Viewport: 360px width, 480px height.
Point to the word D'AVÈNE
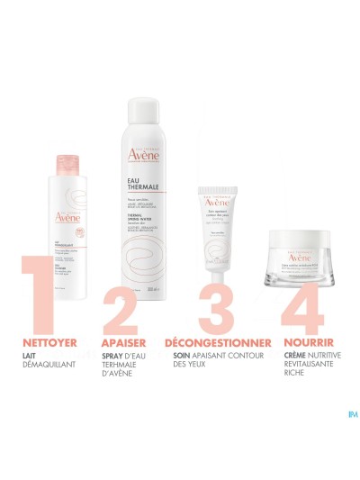[x=121, y=387]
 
